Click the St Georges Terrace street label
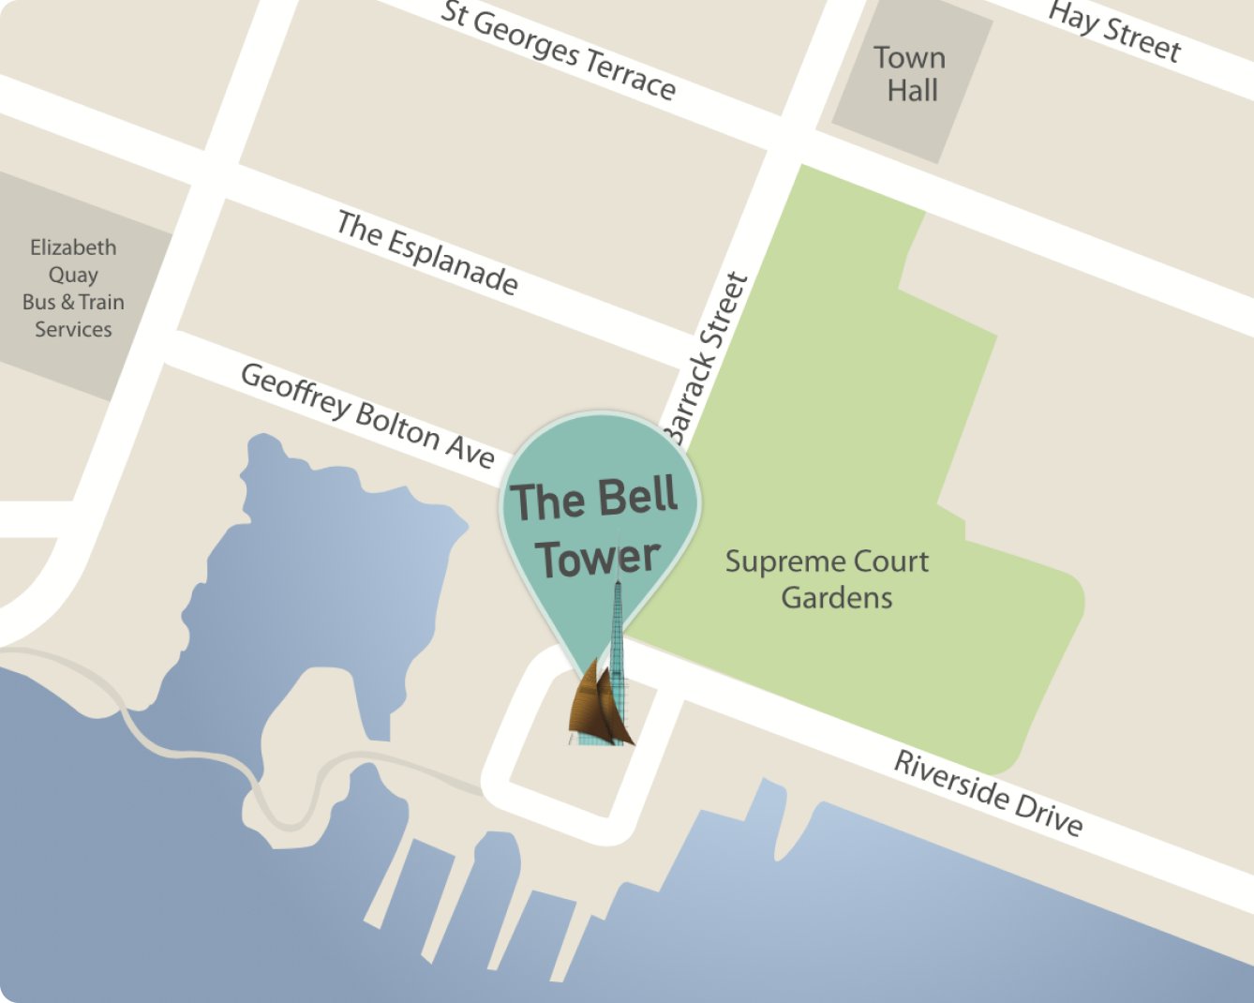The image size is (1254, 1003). tap(559, 51)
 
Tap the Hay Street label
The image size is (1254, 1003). tap(1114, 32)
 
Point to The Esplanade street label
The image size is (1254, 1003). tap(427, 252)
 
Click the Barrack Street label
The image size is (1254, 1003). tap(709, 357)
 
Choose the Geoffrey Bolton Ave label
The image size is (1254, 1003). tap(367, 415)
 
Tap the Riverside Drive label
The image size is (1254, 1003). tap(988, 793)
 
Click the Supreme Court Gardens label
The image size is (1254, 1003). tap(827, 579)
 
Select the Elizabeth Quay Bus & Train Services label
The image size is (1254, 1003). tap(73, 288)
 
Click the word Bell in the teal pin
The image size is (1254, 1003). tap(637, 496)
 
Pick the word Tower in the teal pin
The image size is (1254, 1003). tap(598, 558)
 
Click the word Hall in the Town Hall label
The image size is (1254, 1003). tap(913, 91)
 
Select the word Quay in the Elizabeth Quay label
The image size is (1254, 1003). tap(73, 275)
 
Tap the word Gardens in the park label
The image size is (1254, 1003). tap(837, 597)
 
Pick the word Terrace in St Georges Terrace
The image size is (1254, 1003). tap(630, 73)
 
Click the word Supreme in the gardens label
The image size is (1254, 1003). tap(771, 562)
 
